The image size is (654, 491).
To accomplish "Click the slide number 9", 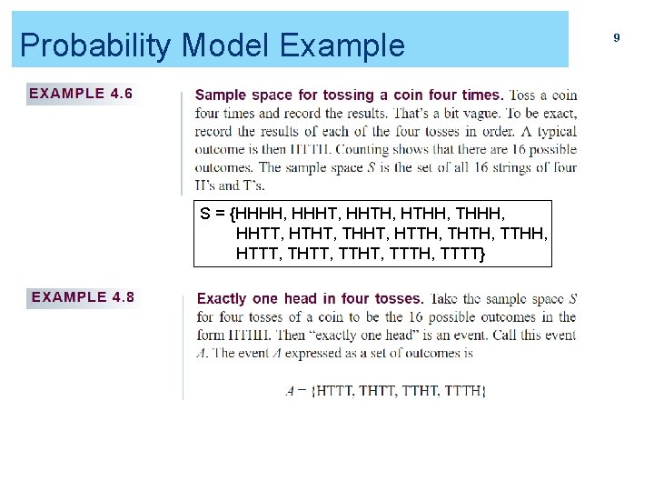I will tap(617, 37).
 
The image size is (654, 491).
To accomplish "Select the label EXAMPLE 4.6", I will tap(81, 93).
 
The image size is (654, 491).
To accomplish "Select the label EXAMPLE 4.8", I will tap(83, 296).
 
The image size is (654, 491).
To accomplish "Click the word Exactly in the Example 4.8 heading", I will tap(222, 298).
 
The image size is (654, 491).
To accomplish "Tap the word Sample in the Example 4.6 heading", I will tap(221, 95).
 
